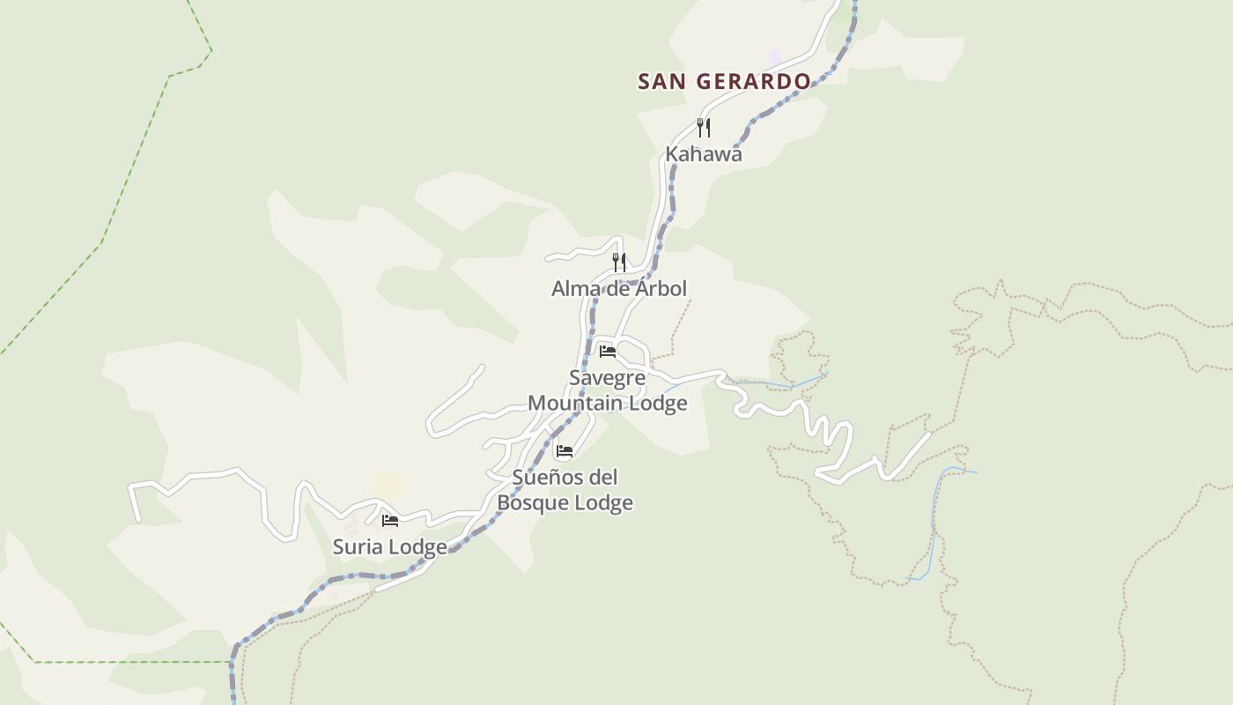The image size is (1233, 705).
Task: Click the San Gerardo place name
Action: coord(724,82)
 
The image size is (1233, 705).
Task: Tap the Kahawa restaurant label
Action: coord(704,154)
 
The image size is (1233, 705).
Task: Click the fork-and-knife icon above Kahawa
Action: coord(704,128)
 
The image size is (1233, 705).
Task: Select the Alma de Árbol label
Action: coord(619,289)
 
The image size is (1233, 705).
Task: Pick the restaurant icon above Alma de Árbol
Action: coord(619,262)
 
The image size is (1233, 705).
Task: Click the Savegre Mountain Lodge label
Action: coord(608,390)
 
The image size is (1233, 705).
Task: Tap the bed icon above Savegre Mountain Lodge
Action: coord(608,352)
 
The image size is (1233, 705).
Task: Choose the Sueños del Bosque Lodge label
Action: coord(565,490)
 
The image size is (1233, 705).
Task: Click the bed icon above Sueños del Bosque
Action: coord(565,451)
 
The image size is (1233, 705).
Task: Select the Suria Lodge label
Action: coord(389,547)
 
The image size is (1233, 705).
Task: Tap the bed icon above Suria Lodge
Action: coord(390,521)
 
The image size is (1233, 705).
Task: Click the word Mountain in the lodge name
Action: coord(575,404)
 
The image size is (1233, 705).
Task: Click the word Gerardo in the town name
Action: coord(754,82)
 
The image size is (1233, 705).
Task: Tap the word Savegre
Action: coord(608,378)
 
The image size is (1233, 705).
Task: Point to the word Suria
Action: coord(358,547)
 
